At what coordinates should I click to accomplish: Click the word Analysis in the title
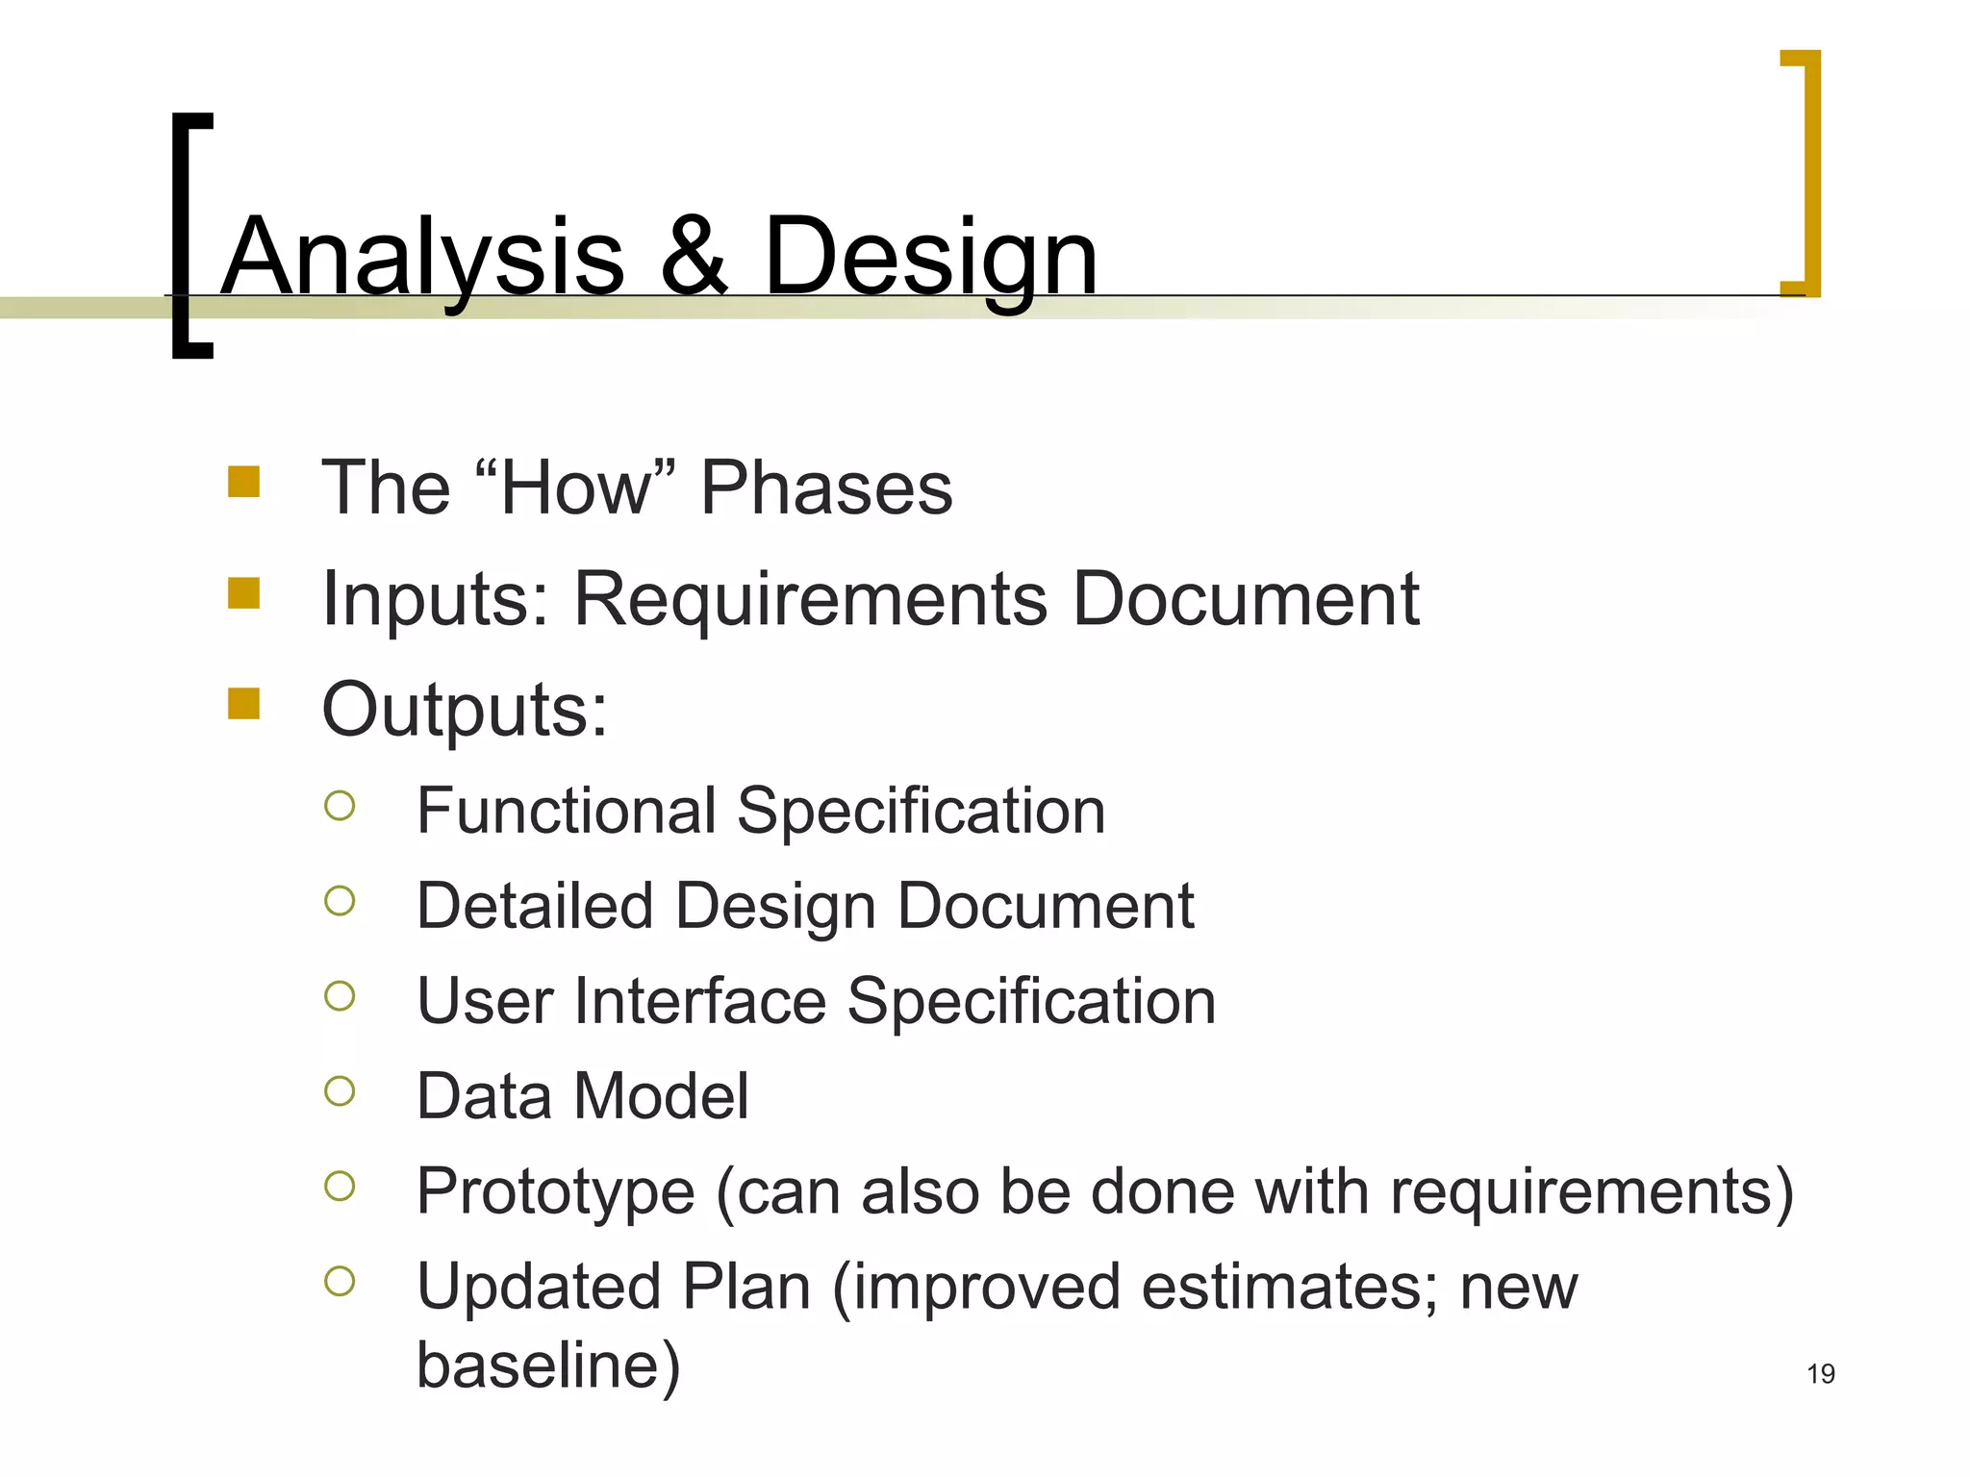[423, 258]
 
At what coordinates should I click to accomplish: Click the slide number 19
[1820, 1373]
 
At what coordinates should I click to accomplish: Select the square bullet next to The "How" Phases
[244, 482]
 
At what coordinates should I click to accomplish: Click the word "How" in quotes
[575, 488]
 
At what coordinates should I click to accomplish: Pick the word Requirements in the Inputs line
[810, 599]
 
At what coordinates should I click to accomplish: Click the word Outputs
[465, 710]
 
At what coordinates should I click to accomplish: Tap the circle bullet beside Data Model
[340, 1090]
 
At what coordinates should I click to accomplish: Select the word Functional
[567, 810]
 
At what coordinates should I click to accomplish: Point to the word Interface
[700, 1000]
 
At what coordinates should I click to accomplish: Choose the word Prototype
[555, 1190]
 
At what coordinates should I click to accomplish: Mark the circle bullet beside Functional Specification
[340, 805]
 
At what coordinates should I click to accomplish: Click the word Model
[661, 1095]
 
